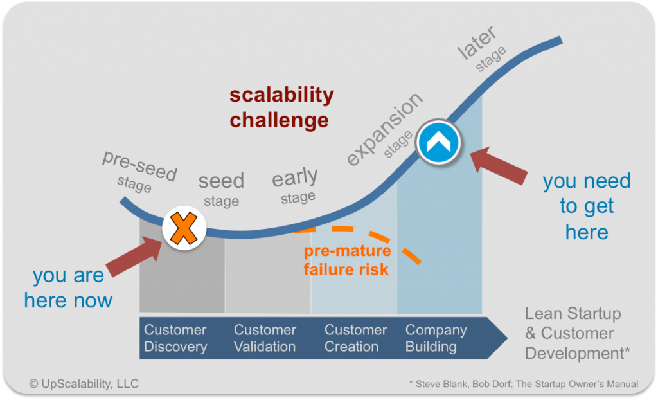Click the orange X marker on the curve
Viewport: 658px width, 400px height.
pyautogui.click(x=183, y=229)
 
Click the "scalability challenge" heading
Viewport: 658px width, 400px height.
pyautogui.click(x=281, y=107)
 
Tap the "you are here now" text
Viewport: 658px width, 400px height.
pyautogui.click(x=68, y=287)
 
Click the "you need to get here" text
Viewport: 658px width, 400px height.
pyautogui.click(x=586, y=206)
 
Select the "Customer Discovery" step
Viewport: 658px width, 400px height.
pyautogui.click(x=175, y=338)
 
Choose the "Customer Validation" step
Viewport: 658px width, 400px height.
pyautogui.click(x=265, y=338)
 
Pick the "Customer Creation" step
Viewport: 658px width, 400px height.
pyautogui.click(x=355, y=338)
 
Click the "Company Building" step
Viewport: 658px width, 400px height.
pyautogui.click(x=436, y=338)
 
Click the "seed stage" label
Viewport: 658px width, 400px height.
pyautogui.click(x=221, y=189)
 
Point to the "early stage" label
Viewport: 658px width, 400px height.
pyautogui.click(x=296, y=186)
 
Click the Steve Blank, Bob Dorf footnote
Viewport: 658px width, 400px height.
pyautogui.click(x=523, y=384)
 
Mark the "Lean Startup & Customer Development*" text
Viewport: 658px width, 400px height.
pyautogui.click(x=577, y=333)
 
